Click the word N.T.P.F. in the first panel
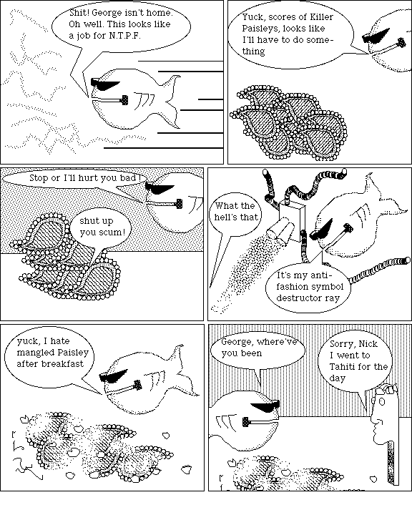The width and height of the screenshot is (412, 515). click(x=124, y=36)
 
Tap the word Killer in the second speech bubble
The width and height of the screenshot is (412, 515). click(x=321, y=16)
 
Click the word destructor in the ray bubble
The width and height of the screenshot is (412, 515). click(x=294, y=298)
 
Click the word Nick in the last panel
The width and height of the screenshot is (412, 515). click(x=368, y=343)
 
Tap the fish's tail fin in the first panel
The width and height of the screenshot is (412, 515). click(x=172, y=102)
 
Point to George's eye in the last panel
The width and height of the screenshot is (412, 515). click(x=382, y=401)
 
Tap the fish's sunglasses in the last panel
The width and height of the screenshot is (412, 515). click(x=265, y=406)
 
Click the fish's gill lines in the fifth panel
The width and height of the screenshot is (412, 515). click(x=157, y=379)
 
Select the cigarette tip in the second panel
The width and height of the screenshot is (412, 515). click(x=401, y=42)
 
